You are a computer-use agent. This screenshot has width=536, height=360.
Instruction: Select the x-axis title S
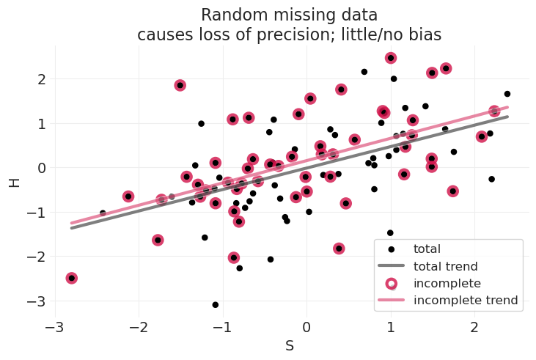[x=290, y=345]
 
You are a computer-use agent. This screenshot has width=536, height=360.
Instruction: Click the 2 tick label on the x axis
[x=474, y=326]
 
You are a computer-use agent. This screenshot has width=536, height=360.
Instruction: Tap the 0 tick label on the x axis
[x=306, y=326]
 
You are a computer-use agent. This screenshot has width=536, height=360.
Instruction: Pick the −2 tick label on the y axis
[x=37, y=257]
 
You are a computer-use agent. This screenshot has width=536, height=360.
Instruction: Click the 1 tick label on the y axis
[x=41, y=124]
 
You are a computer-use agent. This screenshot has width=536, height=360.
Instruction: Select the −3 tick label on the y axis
[x=37, y=301]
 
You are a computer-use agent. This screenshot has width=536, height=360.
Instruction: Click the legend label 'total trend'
[x=445, y=266]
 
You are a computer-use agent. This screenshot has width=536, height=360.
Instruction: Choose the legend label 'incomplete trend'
[x=466, y=300]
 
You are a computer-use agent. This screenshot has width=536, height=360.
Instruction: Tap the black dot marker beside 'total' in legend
[x=392, y=249]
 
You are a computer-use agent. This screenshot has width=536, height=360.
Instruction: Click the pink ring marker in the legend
[x=392, y=283]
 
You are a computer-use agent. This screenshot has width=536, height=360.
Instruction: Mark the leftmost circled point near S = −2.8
[x=72, y=278]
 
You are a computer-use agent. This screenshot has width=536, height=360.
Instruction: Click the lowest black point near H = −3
[x=216, y=304]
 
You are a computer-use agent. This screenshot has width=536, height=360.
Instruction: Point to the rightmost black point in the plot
[x=507, y=94]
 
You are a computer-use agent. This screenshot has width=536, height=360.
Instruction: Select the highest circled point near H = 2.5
[x=391, y=58]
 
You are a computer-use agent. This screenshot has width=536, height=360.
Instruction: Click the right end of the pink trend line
[x=507, y=108]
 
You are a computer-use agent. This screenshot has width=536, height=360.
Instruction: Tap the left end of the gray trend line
[x=72, y=228]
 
